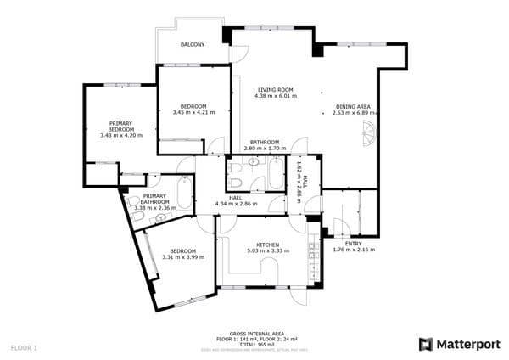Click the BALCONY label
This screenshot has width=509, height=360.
pyautogui.click(x=193, y=44)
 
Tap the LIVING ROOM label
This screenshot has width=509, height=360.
pyautogui.click(x=276, y=90)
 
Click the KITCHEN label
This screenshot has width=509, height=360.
pyautogui.click(x=268, y=245)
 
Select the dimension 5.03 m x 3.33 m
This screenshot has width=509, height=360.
pyautogui.click(x=268, y=251)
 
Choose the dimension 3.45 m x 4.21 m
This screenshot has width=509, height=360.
pyautogui.click(x=193, y=112)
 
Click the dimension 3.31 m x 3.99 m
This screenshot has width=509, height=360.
pyautogui.click(x=182, y=257)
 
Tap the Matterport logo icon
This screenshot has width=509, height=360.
pyautogui.click(x=426, y=344)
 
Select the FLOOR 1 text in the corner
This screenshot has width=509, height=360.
pyautogui.click(x=24, y=348)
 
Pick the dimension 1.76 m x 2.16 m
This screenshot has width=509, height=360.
pyautogui.click(x=353, y=250)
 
